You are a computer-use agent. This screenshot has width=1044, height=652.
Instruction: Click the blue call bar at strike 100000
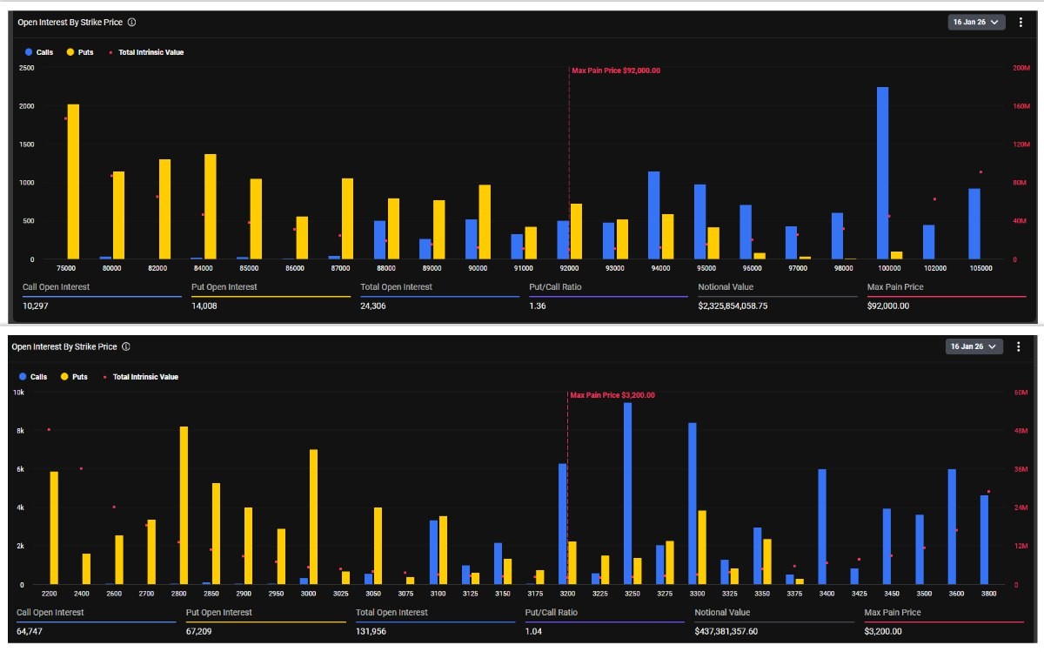click(882, 174)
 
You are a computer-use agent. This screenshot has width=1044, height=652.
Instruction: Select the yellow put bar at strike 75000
click(73, 183)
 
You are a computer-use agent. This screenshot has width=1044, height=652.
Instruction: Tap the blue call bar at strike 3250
click(627, 494)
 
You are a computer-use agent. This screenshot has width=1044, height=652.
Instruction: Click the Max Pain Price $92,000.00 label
click(616, 71)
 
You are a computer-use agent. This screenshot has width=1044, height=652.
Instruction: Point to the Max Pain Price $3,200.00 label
click(612, 395)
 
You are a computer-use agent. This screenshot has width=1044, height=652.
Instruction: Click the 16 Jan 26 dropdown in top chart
click(976, 22)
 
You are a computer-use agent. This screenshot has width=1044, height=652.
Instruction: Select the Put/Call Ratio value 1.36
click(538, 306)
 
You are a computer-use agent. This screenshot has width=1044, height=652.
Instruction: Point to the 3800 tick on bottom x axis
click(990, 594)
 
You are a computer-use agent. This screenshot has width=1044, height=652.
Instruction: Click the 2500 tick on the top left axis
click(26, 68)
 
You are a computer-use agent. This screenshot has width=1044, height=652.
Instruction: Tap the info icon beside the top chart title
click(131, 22)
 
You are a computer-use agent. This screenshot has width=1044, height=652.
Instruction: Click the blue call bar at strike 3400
click(822, 527)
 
